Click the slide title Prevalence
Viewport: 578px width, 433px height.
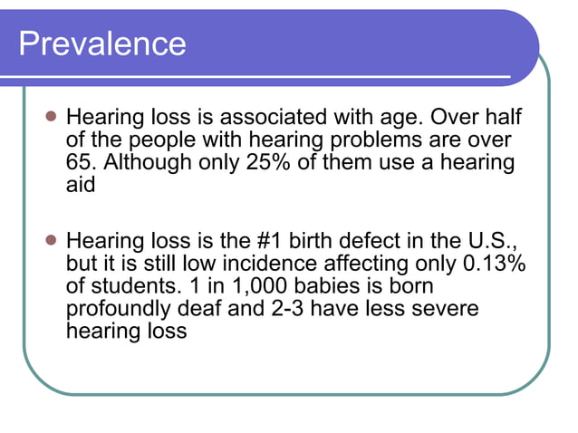click(x=102, y=43)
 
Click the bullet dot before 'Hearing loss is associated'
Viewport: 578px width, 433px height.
click(x=51, y=119)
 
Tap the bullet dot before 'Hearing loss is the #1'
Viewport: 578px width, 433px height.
click(x=51, y=242)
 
